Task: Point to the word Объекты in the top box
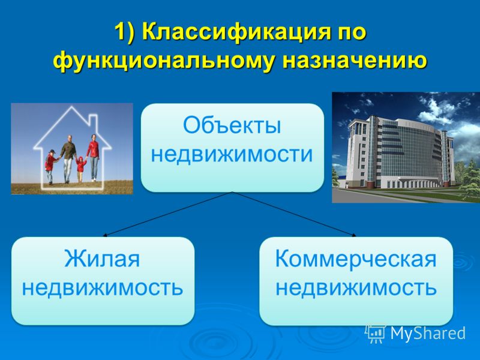pos(232,125)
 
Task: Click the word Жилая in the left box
pos(102,259)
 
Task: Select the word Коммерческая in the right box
pos(356,259)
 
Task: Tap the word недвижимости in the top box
pos(232,154)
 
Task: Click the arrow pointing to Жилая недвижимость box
pos(167,214)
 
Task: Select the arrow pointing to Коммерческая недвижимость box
pos(294,214)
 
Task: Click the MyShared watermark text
pos(428,333)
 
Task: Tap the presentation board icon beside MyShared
pos(376,333)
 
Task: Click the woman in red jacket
pos(93,157)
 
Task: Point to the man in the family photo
pos(68,159)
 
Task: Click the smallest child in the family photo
pos(81,169)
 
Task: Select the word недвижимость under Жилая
pos(103,288)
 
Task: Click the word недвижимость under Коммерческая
pos(356,288)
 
